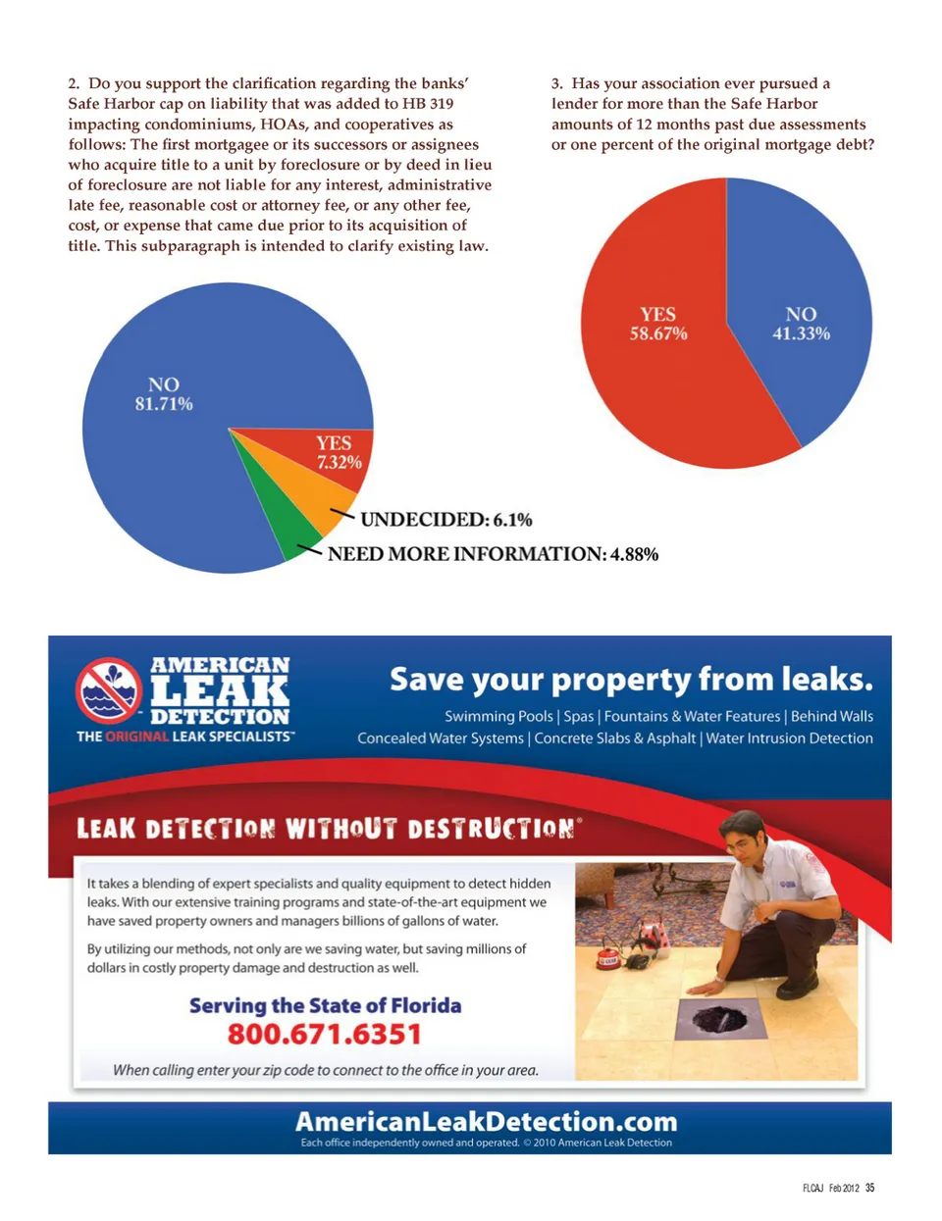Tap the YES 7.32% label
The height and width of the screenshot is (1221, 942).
[339, 452]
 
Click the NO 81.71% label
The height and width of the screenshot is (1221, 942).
[164, 394]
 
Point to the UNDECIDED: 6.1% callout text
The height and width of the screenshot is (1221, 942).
[445, 520]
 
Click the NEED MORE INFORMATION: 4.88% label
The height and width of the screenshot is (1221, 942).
[493, 554]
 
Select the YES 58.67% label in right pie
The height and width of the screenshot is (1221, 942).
[658, 324]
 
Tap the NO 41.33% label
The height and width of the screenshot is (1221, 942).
[801, 324]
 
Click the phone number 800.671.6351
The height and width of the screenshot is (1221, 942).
[325, 1035]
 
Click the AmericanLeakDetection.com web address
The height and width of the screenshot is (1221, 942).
[487, 1121]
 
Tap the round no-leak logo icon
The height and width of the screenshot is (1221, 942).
[109, 689]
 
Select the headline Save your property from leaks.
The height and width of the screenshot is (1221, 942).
[631, 680]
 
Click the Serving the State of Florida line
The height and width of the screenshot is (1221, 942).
[325, 1005]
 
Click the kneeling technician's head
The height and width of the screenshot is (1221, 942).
[743, 833]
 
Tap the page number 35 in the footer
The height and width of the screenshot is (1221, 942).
[869, 1188]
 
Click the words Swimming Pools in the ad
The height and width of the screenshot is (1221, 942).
[498, 716]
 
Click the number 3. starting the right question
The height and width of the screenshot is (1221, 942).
[557, 83]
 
